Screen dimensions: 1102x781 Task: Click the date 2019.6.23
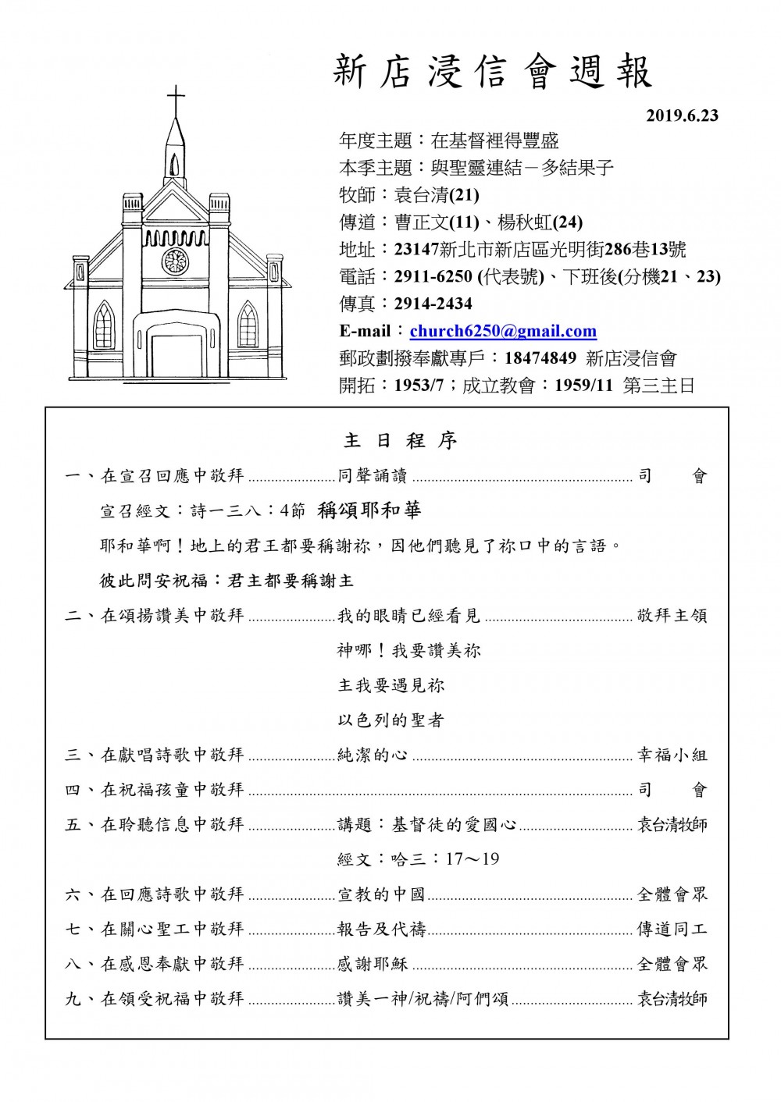pyautogui.click(x=682, y=116)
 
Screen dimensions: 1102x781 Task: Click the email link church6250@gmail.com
pyautogui.click(x=503, y=331)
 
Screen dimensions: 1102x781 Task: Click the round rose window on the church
pyautogui.click(x=176, y=261)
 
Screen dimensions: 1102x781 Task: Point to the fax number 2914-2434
pyautogui.click(x=433, y=304)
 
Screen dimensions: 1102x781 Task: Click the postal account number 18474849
pyautogui.click(x=540, y=358)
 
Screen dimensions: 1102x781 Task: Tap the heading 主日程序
pyautogui.click(x=401, y=441)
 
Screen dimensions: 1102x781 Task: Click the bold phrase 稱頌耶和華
pyautogui.click(x=369, y=510)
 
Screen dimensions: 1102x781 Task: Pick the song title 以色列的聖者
pyautogui.click(x=390, y=720)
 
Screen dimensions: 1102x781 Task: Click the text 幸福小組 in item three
pyautogui.click(x=672, y=755)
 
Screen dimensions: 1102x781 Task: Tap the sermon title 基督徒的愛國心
pyautogui.click(x=454, y=825)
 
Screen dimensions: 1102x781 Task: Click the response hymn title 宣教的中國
pyautogui.click(x=381, y=894)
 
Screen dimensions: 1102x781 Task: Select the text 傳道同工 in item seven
pyautogui.click(x=672, y=929)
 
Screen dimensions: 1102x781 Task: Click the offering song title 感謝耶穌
pyautogui.click(x=373, y=964)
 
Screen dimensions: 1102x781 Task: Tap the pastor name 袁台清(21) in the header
pyautogui.click(x=437, y=195)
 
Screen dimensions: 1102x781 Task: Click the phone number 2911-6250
pyautogui.click(x=433, y=276)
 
